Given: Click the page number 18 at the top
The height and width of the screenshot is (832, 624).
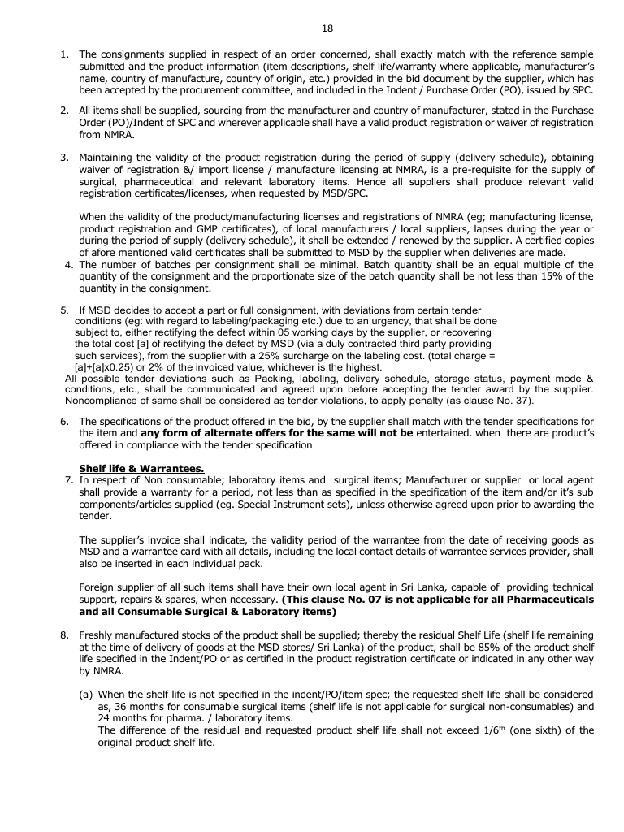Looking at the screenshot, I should [x=327, y=28].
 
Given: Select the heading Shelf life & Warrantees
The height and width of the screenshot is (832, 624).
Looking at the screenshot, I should [x=141, y=467].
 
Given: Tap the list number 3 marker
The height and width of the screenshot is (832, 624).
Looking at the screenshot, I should [x=65, y=157].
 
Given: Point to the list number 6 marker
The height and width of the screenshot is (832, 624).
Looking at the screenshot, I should [x=65, y=422].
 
